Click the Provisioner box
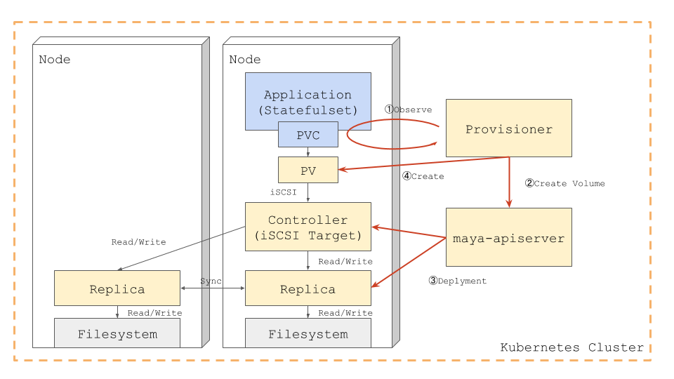point(508,128)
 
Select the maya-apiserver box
point(508,237)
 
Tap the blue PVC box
point(308,135)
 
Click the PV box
point(308,170)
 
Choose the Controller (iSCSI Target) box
point(308,227)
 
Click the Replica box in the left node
point(117,288)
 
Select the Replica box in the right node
point(308,288)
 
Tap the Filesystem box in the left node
point(117,333)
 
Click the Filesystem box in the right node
point(308,333)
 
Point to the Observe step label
point(408,109)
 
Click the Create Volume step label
point(564,183)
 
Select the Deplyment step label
point(457,280)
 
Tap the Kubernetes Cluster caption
point(571,347)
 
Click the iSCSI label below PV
point(284,192)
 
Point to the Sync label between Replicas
point(211,281)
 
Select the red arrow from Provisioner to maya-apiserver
point(509,182)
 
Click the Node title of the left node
point(55,59)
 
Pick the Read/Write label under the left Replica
point(154,312)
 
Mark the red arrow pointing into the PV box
point(421,163)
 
